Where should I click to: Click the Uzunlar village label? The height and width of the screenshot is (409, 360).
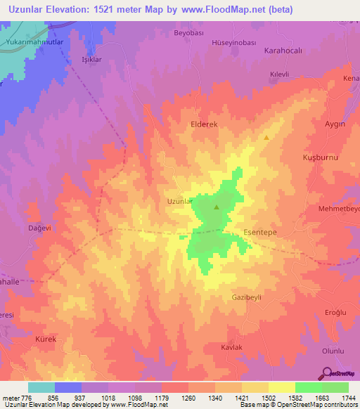pos(179,202)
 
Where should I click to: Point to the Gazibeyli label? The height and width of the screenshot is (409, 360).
pos(246,297)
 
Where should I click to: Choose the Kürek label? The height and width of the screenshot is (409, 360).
pos(45,339)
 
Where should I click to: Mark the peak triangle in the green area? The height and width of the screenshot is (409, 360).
pos(216,207)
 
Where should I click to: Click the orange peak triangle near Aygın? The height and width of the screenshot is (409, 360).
pos(266,138)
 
